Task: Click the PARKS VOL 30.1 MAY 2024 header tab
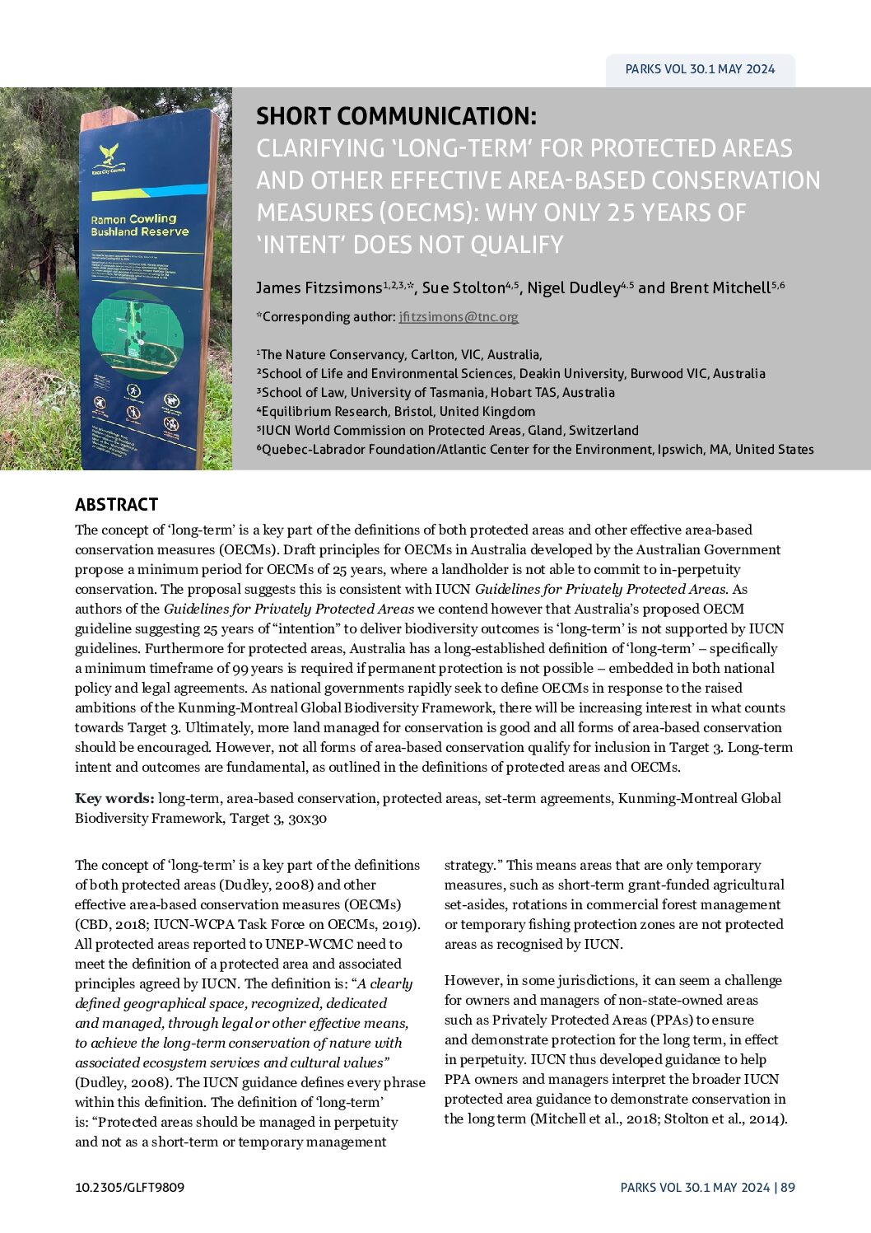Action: pyautogui.click(x=700, y=69)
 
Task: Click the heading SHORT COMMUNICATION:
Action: pyautogui.click(x=396, y=116)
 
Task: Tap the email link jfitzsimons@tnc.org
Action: pyautogui.click(x=459, y=316)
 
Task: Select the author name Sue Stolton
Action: pyautogui.click(x=463, y=287)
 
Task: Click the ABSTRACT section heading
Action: pyautogui.click(x=116, y=504)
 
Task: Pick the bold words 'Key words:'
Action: pyautogui.click(x=114, y=798)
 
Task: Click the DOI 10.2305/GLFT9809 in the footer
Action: pyautogui.click(x=129, y=1188)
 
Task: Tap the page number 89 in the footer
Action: pyautogui.click(x=788, y=1188)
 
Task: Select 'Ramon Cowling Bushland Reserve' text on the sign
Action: pyautogui.click(x=139, y=226)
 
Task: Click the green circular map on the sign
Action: pyautogui.click(x=137, y=333)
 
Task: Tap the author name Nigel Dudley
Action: pyautogui.click(x=573, y=287)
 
